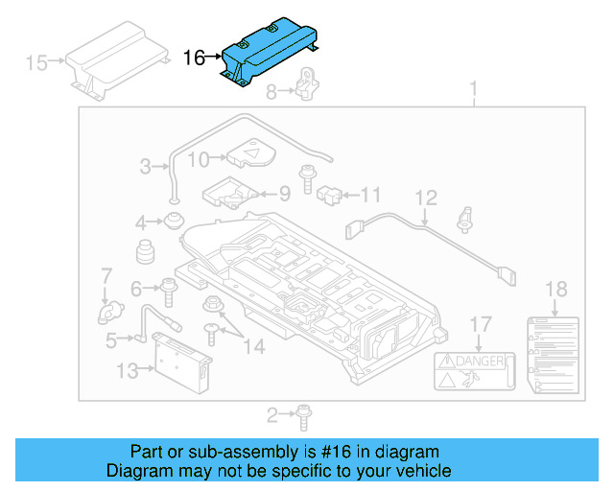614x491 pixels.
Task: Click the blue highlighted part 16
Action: [269, 54]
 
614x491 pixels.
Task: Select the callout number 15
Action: [36, 64]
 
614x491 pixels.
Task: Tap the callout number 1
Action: [472, 91]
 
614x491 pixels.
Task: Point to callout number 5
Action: [111, 339]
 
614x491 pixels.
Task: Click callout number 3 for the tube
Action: [145, 167]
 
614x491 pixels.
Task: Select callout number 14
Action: [252, 346]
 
